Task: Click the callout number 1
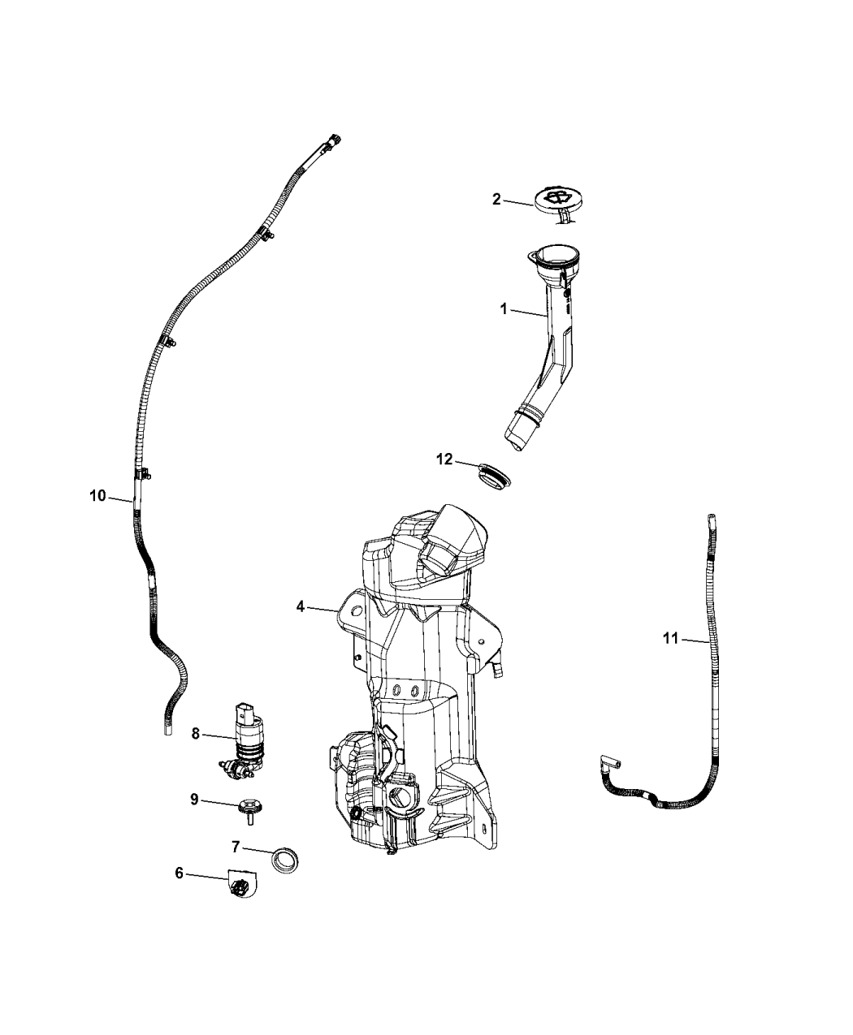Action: [504, 308]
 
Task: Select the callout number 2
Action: [497, 199]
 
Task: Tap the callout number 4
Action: [300, 606]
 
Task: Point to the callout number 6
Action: [179, 874]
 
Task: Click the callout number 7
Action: [236, 847]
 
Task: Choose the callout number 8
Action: [196, 733]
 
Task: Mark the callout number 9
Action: [194, 799]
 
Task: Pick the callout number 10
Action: [97, 495]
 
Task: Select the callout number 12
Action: [444, 459]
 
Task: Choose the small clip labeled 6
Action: [240, 886]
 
